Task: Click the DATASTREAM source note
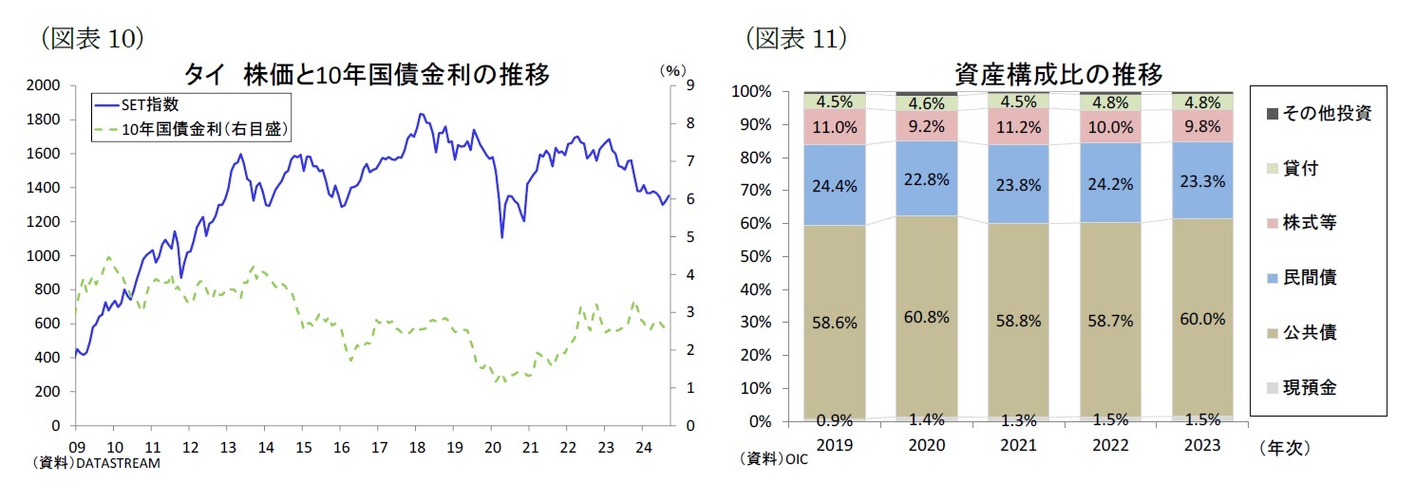click(x=96, y=464)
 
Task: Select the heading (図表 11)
click(x=796, y=38)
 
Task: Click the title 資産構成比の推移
click(x=1059, y=73)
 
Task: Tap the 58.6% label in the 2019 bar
click(x=835, y=323)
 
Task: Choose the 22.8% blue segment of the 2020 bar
click(x=927, y=179)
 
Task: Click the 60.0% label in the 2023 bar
click(x=1201, y=319)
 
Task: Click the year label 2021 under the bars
click(x=1018, y=445)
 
